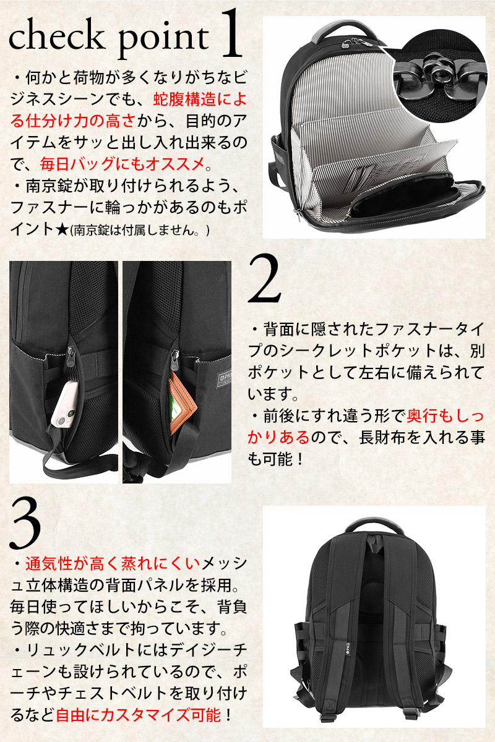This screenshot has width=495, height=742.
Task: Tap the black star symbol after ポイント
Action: [x=61, y=229]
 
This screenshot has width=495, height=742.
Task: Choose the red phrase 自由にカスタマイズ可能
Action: [x=137, y=715]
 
